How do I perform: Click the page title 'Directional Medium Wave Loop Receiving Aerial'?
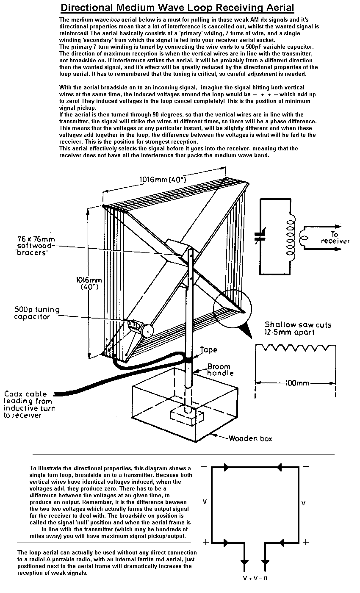(177, 8)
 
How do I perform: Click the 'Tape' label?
(208, 350)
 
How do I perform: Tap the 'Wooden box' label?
(250, 438)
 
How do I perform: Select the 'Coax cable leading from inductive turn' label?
(29, 405)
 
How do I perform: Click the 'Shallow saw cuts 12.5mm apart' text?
(298, 328)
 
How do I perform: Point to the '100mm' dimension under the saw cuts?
(296, 383)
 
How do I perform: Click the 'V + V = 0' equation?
(255, 578)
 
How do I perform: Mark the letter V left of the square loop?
(205, 502)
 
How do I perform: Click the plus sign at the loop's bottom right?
(306, 542)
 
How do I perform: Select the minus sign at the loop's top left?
(204, 467)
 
